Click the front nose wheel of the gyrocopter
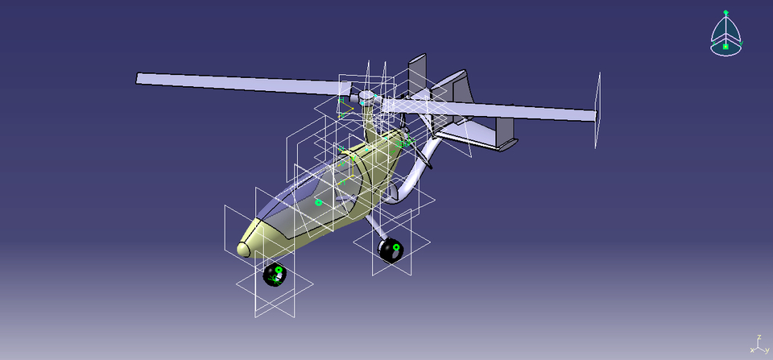[275, 275]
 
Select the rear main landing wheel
[391, 250]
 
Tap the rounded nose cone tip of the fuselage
[244, 247]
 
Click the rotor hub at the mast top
[367, 98]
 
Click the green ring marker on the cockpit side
[318, 202]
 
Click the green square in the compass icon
[725, 47]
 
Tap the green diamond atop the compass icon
[725, 12]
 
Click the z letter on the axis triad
[759, 338]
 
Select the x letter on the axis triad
[751, 350]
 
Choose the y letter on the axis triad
[767, 350]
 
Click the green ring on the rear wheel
[396, 245]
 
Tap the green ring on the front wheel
[279, 270]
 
